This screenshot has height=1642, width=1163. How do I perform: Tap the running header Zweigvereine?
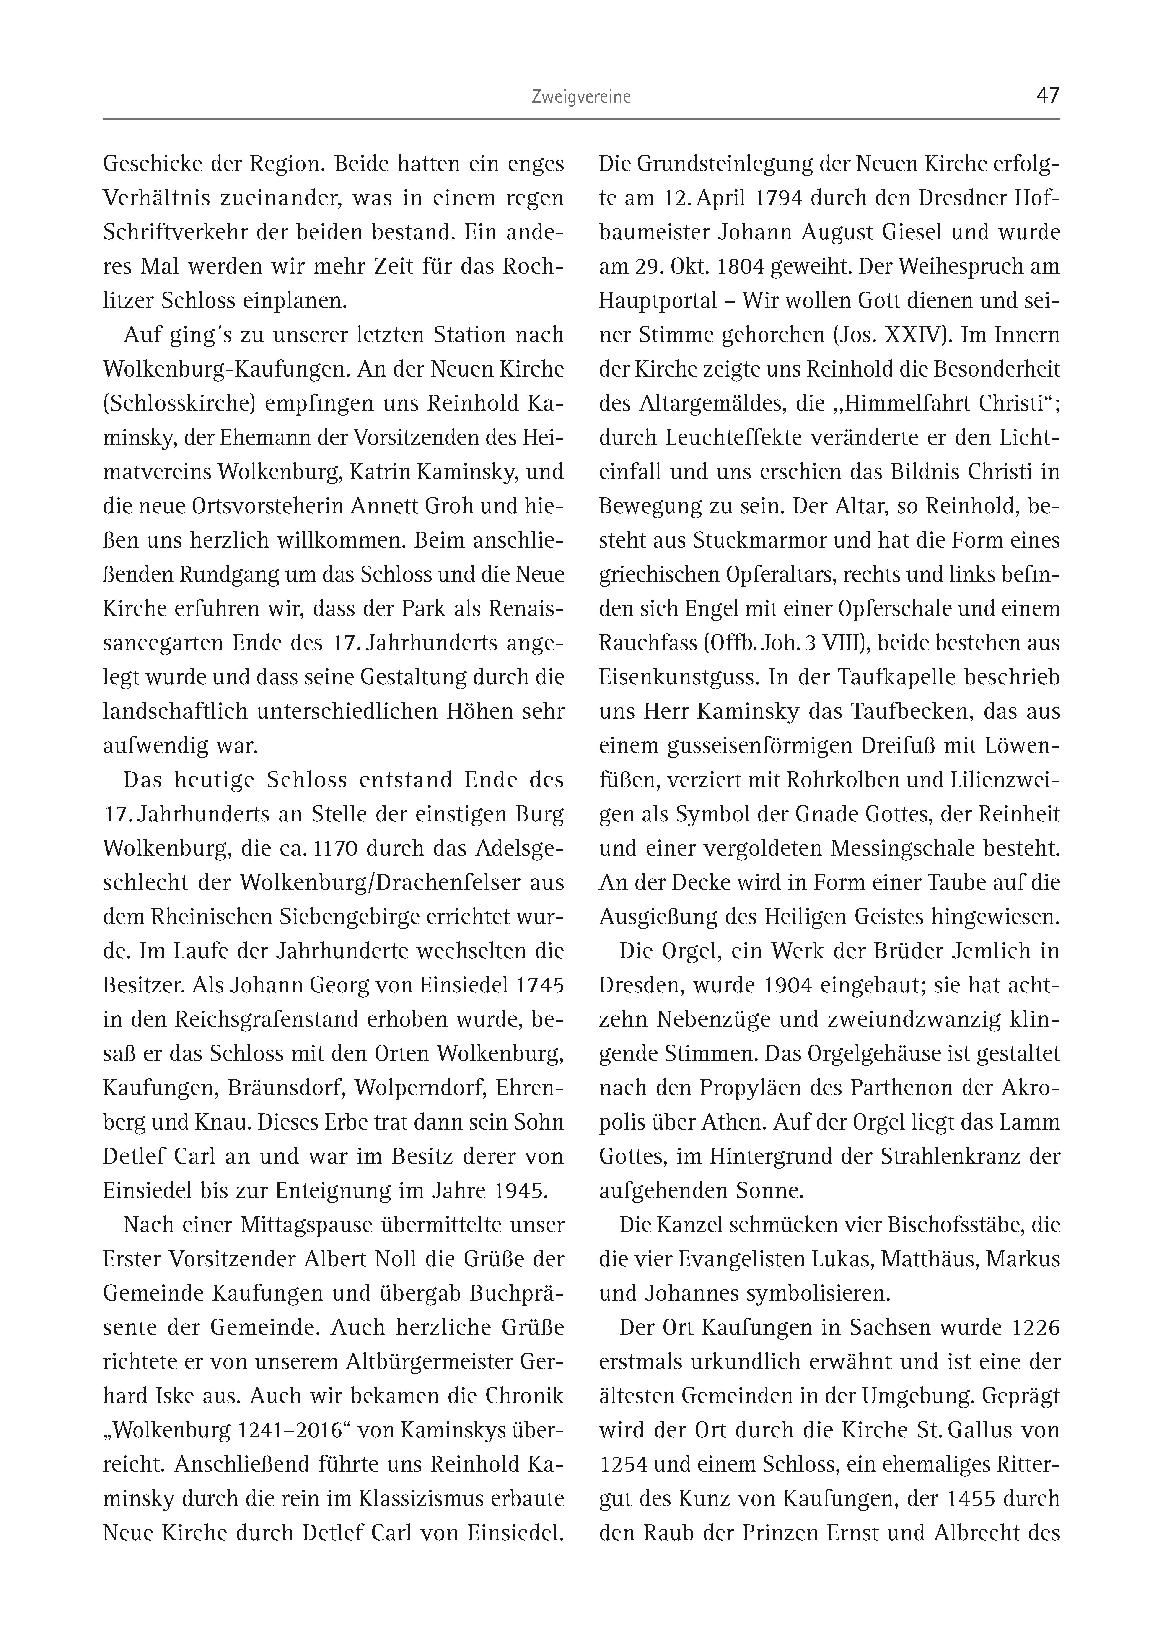coord(581,97)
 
